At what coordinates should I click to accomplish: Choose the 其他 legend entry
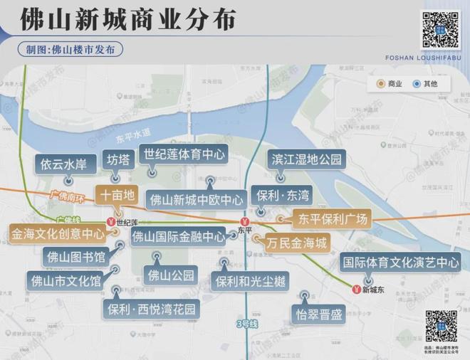point(425,84)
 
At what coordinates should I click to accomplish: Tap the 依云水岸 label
point(63,164)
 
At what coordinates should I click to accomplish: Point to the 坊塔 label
point(118,159)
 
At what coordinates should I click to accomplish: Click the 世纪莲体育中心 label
point(183,153)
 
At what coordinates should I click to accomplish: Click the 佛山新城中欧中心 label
point(196,198)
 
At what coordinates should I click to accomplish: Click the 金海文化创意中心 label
point(58,233)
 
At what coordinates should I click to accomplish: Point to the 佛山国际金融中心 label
point(179,236)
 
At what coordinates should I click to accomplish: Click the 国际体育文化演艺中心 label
point(400,263)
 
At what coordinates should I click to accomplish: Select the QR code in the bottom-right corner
point(441,326)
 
